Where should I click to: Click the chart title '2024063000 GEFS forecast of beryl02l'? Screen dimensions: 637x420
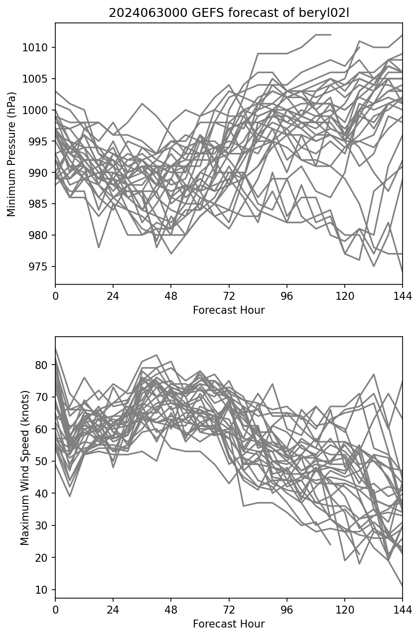pyautogui.click(x=229, y=13)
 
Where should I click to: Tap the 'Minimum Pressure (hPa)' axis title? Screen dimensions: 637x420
pyautogui.click(x=12, y=154)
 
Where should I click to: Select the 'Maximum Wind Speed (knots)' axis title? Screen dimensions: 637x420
pyautogui.click(x=24, y=467)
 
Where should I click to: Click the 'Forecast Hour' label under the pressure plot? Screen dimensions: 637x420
pyautogui.click(x=229, y=310)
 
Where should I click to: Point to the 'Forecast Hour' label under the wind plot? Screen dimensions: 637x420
pyautogui.click(x=229, y=624)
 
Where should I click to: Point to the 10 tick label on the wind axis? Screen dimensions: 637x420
pyautogui.click(x=43, y=590)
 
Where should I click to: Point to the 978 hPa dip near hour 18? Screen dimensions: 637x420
pyautogui.click(x=99, y=247)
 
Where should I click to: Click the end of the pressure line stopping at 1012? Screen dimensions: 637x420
pyautogui.click(x=330, y=35)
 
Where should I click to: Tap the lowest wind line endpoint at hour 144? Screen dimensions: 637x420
pyautogui.click(x=402, y=586)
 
